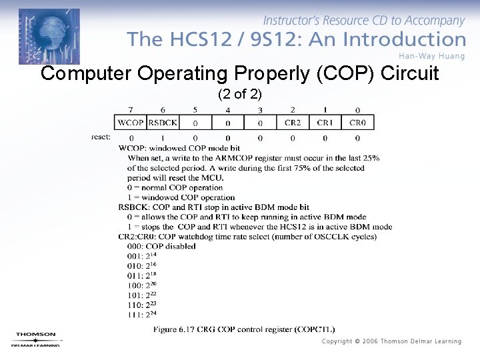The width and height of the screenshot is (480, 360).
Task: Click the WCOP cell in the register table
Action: (x=131, y=123)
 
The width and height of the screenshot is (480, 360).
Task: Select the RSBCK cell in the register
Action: (x=163, y=123)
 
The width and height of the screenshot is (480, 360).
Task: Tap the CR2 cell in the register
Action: (x=293, y=123)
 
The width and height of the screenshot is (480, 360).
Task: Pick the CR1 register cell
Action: (x=325, y=123)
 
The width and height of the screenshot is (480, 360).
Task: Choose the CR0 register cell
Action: (x=357, y=123)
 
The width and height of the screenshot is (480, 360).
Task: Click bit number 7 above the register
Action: (x=131, y=110)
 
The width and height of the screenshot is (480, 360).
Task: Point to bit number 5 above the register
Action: (x=195, y=110)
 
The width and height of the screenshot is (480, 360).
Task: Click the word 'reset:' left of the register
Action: (x=101, y=137)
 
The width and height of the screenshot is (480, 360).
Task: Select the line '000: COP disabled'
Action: (x=161, y=246)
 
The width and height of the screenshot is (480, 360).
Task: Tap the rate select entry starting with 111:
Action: (x=143, y=314)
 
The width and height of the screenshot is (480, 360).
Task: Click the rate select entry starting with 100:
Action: (x=143, y=285)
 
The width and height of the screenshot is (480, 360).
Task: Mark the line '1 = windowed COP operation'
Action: (x=181, y=197)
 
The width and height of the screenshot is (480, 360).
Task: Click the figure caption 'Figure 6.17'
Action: (x=244, y=329)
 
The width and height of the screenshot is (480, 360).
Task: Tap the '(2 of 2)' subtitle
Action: (x=240, y=94)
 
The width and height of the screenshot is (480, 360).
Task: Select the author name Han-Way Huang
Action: (x=431, y=56)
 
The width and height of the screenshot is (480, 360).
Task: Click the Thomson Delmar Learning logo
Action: (x=36, y=339)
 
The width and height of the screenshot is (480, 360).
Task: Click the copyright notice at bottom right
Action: (x=391, y=341)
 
